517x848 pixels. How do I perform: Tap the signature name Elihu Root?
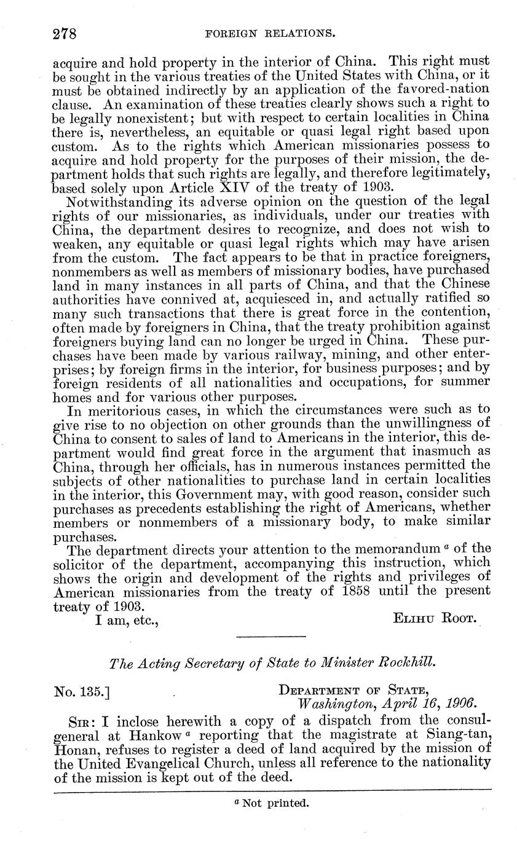coord(435,619)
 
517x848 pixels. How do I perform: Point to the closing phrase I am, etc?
coord(127,619)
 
